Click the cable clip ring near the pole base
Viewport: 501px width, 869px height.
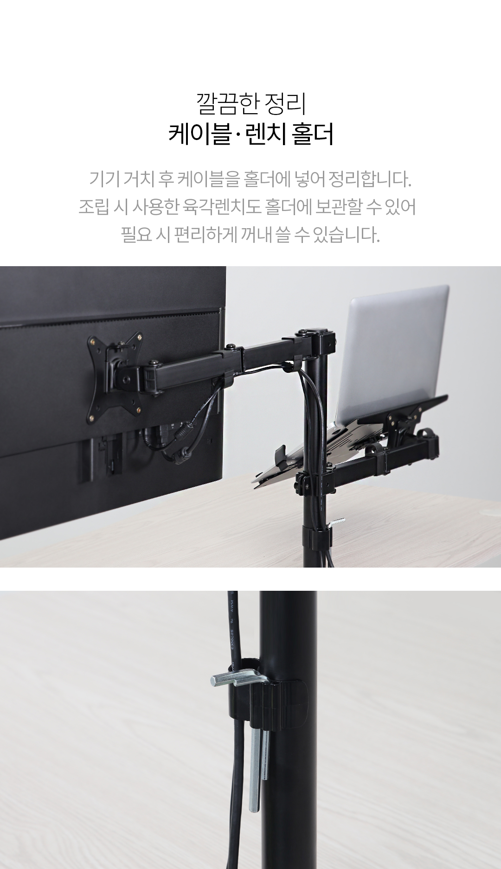click(x=316, y=537)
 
